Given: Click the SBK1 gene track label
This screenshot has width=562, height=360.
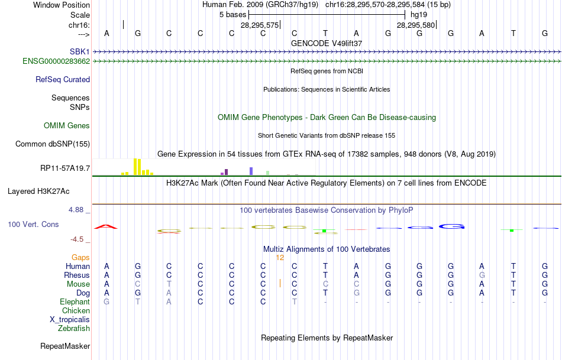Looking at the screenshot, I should (x=79, y=52).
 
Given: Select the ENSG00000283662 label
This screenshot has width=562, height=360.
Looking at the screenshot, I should (x=56, y=61).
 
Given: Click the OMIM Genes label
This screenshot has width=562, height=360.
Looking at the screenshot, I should (x=67, y=125).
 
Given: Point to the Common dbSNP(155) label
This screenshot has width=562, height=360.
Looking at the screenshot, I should (x=53, y=144).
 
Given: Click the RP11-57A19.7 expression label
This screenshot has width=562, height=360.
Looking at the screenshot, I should (x=65, y=168).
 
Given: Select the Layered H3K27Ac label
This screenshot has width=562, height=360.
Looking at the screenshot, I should (x=38, y=191).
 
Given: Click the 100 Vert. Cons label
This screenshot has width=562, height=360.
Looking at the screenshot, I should (x=34, y=225).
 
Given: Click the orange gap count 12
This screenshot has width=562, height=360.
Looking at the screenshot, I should (x=280, y=257).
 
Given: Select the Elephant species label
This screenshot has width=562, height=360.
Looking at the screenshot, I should (x=75, y=301).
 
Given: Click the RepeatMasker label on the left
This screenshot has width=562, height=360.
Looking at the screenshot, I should (x=65, y=346).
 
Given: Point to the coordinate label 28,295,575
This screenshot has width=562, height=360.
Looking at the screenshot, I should (x=259, y=25).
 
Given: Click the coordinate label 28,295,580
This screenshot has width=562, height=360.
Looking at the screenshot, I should (x=416, y=25).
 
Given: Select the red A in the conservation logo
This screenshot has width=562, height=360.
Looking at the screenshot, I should (x=106, y=226).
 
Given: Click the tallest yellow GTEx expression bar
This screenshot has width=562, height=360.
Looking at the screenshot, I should (x=136, y=166).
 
